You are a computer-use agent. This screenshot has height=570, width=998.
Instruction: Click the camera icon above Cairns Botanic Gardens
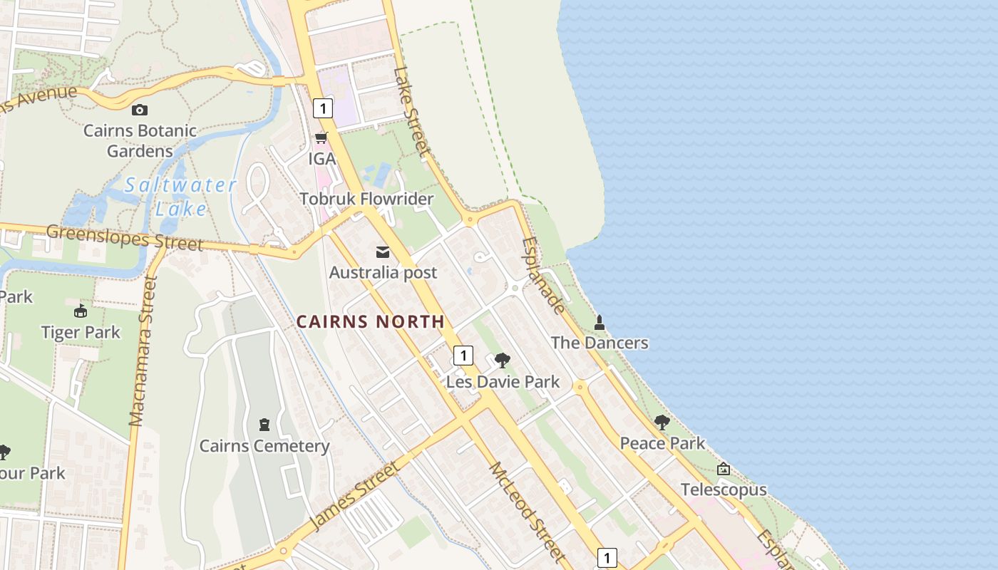(x=140, y=110)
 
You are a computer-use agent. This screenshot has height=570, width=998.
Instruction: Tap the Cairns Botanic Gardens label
(x=140, y=141)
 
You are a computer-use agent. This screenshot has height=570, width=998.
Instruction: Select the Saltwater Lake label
(x=180, y=197)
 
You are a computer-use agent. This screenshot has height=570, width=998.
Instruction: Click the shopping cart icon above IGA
(x=321, y=138)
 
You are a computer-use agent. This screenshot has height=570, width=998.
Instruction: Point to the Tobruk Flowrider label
(x=366, y=199)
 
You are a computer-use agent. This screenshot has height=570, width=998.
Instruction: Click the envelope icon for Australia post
(x=383, y=252)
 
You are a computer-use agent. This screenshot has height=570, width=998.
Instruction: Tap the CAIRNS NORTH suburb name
(x=371, y=321)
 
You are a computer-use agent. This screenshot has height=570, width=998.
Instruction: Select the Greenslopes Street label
(x=125, y=237)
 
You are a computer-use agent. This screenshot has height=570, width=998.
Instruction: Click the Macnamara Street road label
(x=143, y=351)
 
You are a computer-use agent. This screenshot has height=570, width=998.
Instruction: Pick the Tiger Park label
(x=81, y=332)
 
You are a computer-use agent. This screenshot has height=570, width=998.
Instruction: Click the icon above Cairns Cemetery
(x=264, y=425)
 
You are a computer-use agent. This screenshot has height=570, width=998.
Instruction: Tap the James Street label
(x=354, y=496)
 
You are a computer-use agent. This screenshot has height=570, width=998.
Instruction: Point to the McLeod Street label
(x=528, y=512)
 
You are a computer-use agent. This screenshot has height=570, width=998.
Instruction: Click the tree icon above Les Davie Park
(x=503, y=361)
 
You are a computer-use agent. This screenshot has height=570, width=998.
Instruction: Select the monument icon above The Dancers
(x=600, y=323)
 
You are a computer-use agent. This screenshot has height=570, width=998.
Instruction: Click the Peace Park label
(x=662, y=443)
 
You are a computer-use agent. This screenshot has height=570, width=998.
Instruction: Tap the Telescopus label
(x=724, y=489)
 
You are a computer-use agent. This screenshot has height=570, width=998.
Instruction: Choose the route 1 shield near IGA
(x=323, y=108)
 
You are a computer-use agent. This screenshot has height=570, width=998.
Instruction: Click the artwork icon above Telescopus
(x=724, y=469)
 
